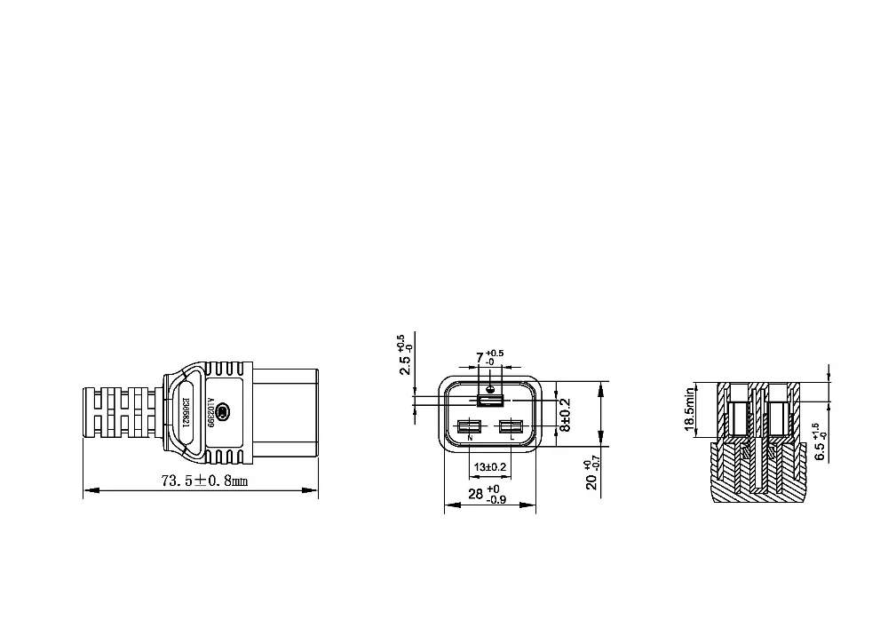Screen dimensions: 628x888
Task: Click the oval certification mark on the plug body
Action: point(223,412)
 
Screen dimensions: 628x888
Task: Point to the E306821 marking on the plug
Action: point(187,412)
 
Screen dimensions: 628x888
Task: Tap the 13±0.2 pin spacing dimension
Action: point(489,467)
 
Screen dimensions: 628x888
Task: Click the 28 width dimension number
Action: point(475,494)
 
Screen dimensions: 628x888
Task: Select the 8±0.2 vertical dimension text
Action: point(564,414)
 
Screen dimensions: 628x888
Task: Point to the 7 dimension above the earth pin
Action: point(480,358)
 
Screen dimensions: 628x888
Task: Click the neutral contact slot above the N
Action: point(468,426)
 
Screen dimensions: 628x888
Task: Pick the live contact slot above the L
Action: point(511,426)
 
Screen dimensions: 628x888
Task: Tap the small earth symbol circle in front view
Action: point(489,389)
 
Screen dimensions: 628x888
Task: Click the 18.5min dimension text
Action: point(689,410)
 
